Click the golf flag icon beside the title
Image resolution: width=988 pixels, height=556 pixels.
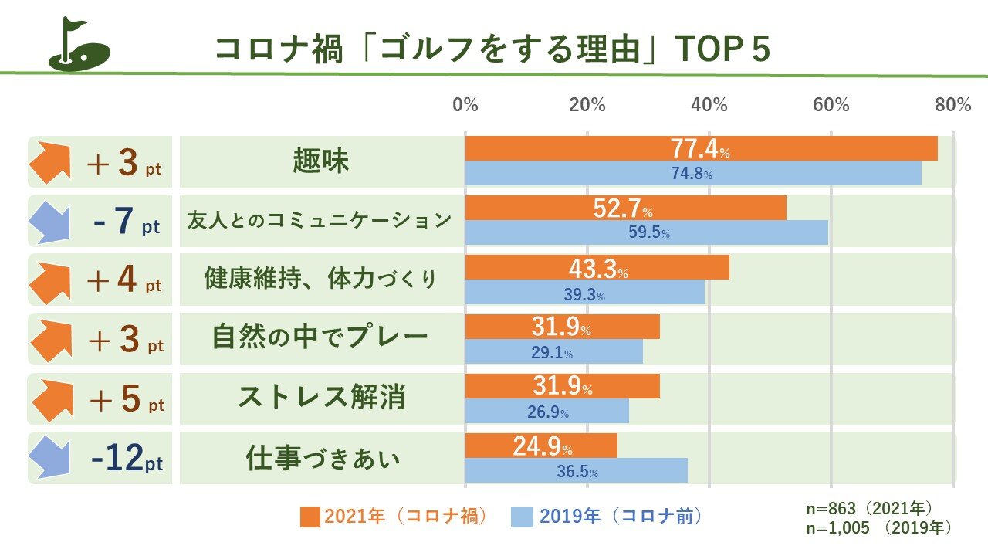tap(79, 46)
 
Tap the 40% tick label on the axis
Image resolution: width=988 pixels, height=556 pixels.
tap(709, 105)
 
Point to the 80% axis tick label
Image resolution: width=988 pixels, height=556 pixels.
tap(952, 105)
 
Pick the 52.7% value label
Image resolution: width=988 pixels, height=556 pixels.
tap(623, 208)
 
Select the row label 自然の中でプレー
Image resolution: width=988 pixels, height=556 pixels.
tap(320, 338)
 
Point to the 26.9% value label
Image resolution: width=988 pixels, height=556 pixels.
tap(548, 412)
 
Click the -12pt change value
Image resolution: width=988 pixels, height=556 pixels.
tap(127, 459)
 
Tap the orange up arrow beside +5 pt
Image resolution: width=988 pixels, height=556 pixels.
tap(52, 399)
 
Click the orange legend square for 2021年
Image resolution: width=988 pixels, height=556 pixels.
tap(310, 517)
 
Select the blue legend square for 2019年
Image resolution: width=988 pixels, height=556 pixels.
tap(522, 517)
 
